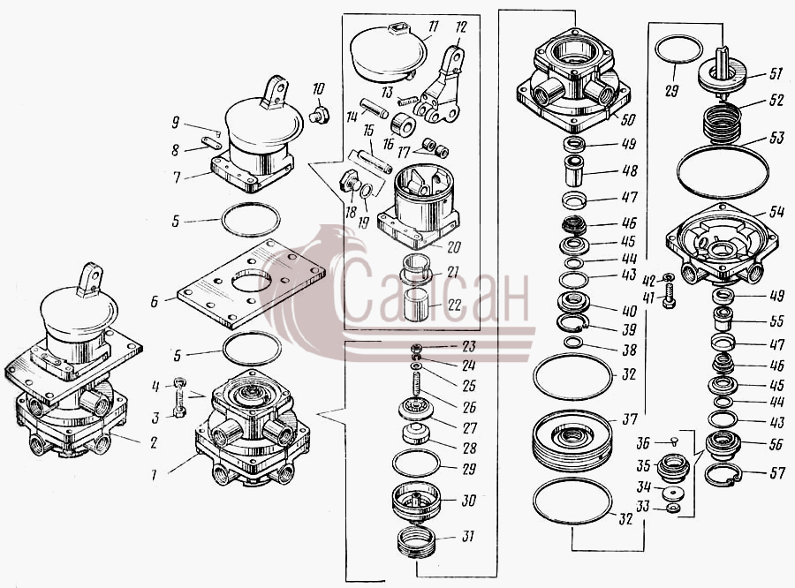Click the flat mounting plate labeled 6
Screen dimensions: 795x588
[251, 284]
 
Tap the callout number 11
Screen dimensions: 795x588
[433, 26]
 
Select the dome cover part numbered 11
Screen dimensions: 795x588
[389, 52]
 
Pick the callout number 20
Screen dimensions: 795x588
[454, 247]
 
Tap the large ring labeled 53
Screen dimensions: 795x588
[723, 171]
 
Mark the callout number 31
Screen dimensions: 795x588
[467, 535]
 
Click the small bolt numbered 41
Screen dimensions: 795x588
[669, 297]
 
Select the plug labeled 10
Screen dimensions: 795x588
[319, 115]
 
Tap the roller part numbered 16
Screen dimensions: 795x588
[404, 124]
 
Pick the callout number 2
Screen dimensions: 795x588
[153, 442]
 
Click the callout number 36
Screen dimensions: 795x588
[643, 443]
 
